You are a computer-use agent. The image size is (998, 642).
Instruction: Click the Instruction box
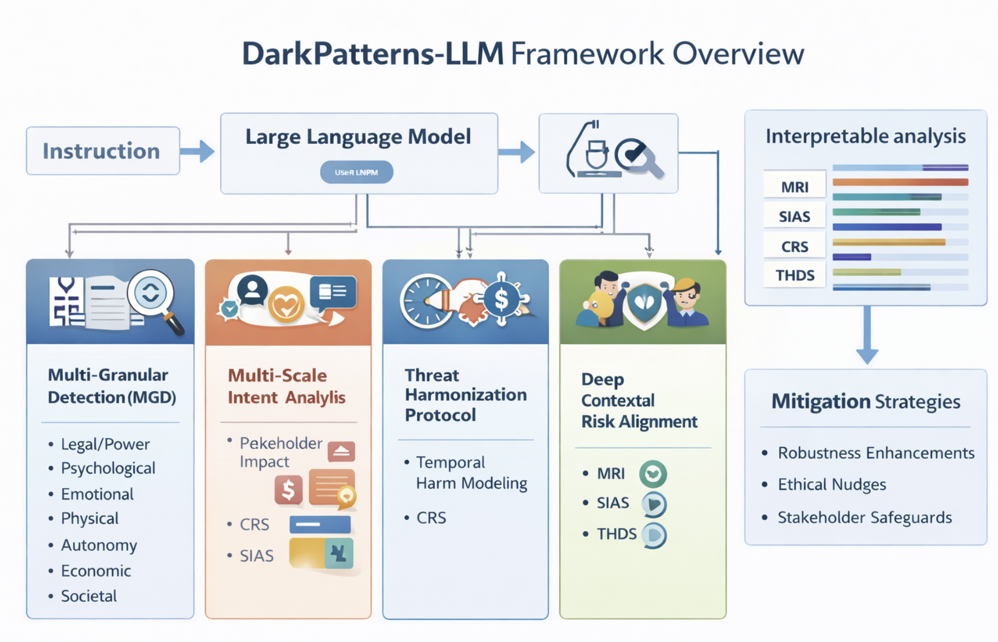pyautogui.click(x=103, y=151)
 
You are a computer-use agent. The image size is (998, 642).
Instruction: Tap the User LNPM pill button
pyautogui.click(x=356, y=172)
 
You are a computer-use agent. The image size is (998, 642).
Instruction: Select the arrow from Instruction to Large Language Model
pyautogui.click(x=198, y=151)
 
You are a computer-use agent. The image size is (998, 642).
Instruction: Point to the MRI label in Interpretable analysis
pyautogui.click(x=794, y=187)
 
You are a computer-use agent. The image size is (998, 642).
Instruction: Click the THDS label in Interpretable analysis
pyautogui.click(x=794, y=275)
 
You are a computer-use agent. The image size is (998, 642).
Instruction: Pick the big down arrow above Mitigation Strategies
pyautogui.click(x=866, y=335)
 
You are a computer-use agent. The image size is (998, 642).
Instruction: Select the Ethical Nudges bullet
pyautogui.click(x=831, y=485)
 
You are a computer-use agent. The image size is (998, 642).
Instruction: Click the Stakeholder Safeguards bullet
pyautogui.click(x=864, y=518)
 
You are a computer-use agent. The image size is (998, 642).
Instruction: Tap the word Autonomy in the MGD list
pyautogui.click(x=99, y=545)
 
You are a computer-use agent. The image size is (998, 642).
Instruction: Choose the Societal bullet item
pyautogui.click(x=89, y=596)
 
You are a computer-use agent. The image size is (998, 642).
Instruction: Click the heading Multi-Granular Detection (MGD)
pyautogui.click(x=111, y=386)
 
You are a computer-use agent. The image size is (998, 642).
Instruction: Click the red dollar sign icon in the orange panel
pyautogui.click(x=289, y=489)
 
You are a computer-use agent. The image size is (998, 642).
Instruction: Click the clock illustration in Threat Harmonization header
pyautogui.click(x=426, y=300)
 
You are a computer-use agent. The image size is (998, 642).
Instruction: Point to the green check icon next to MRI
pyautogui.click(x=653, y=474)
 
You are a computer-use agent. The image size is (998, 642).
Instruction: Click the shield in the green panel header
pyautogui.click(x=644, y=303)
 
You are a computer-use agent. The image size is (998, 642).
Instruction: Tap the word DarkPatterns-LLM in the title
pyautogui.click(x=372, y=54)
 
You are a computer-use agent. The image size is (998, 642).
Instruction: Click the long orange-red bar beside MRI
pyautogui.click(x=900, y=182)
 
